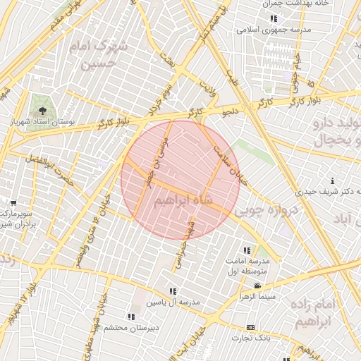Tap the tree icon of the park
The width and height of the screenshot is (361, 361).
coord(44,111)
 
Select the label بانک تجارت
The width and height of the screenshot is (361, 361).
coord(252,339)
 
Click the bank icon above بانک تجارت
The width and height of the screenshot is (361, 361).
coord(251,328)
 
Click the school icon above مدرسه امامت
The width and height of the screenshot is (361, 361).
coord(247,250)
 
